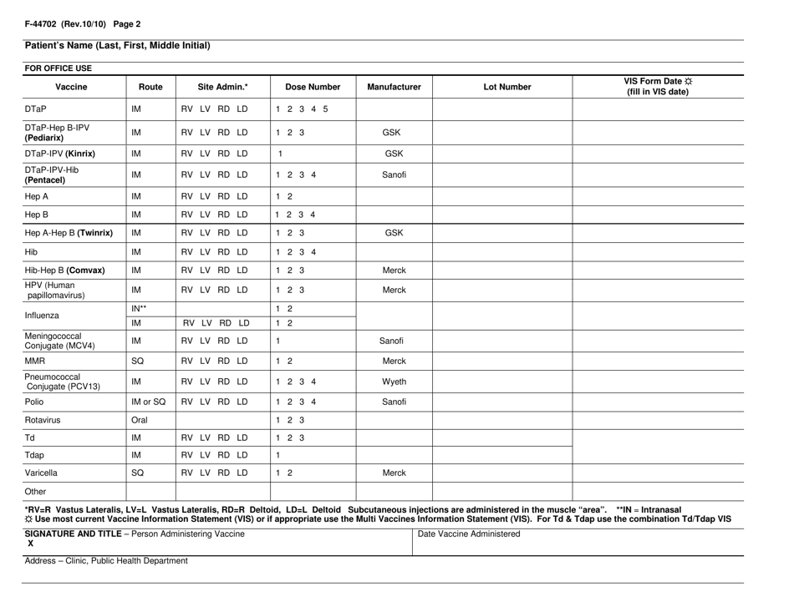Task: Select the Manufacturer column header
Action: [394, 86]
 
